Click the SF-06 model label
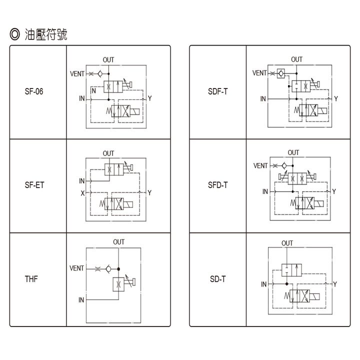click(x=34, y=91)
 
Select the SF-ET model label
click(x=34, y=185)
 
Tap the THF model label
click(x=31, y=279)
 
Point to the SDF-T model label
click(x=218, y=91)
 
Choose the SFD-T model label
click(x=218, y=185)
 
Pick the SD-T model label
click(x=218, y=279)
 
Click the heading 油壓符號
click(x=46, y=34)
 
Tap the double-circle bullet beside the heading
click(x=15, y=34)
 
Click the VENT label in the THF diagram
click(x=76, y=268)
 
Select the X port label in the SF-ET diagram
click(x=82, y=193)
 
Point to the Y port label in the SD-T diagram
click(x=335, y=284)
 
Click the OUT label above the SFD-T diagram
click(x=293, y=152)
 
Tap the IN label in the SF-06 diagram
click(x=82, y=98)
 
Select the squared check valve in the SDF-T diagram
click(x=281, y=73)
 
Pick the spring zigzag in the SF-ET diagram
click(x=102, y=203)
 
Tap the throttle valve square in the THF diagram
click(x=118, y=284)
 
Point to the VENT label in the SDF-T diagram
click(x=259, y=73)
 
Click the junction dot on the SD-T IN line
click(x=287, y=284)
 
